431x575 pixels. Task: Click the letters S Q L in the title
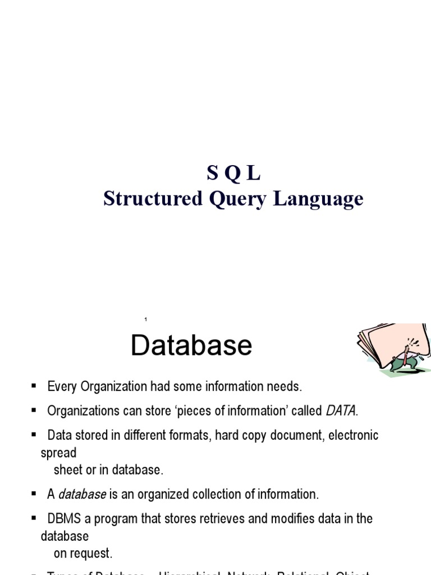[x=233, y=174]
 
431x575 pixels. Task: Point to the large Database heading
[x=191, y=345]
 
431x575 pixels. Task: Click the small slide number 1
[x=146, y=320]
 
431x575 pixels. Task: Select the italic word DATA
[x=340, y=411]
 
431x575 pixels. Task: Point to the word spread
[x=58, y=453]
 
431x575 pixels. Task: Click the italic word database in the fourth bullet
[x=82, y=495]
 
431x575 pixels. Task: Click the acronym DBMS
[x=65, y=519]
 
